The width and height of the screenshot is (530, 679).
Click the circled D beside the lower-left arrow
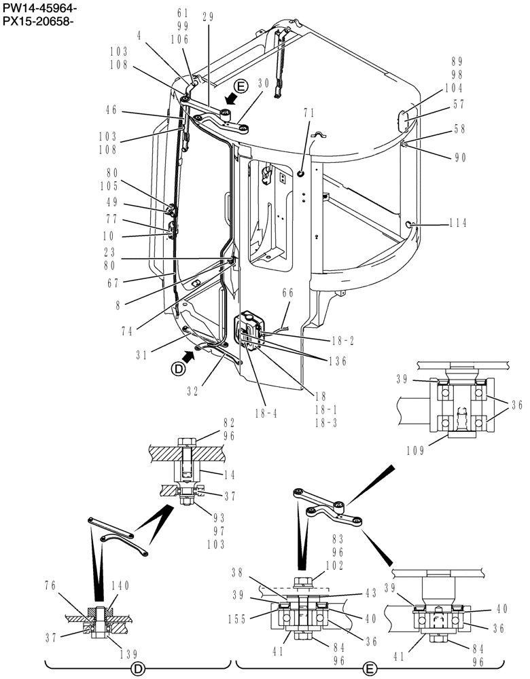[178, 369]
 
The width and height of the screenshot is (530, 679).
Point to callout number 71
[308, 113]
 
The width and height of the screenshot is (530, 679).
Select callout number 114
[459, 222]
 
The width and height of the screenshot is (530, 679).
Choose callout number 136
[336, 362]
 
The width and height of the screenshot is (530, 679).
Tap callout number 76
[50, 585]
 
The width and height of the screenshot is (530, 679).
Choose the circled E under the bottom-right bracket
[370, 668]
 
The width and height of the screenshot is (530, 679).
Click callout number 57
[459, 105]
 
